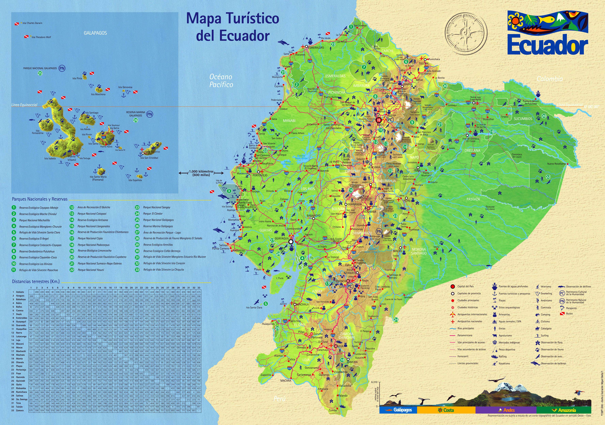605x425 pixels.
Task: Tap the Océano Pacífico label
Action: pyautogui.click(x=221, y=81)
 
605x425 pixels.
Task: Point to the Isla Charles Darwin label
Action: pyautogui.click(x=32, y=23)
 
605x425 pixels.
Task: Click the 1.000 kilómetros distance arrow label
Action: pyautogui.click(x=201, y=173)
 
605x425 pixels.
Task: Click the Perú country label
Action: pyautogui.click(x=279, y=399)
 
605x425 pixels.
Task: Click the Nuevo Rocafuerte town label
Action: pyautogui.click(x=556, y=164)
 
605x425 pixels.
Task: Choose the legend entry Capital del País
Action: pyautogui.click(x=465, y=286)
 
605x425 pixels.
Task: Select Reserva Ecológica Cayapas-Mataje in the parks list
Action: pyautogui.click(x=39, y=208)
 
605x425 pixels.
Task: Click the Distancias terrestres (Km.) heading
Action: pyautogui.click(x=36, y=282)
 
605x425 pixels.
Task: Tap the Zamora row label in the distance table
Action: pyautogui.click(x=20, y=410)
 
